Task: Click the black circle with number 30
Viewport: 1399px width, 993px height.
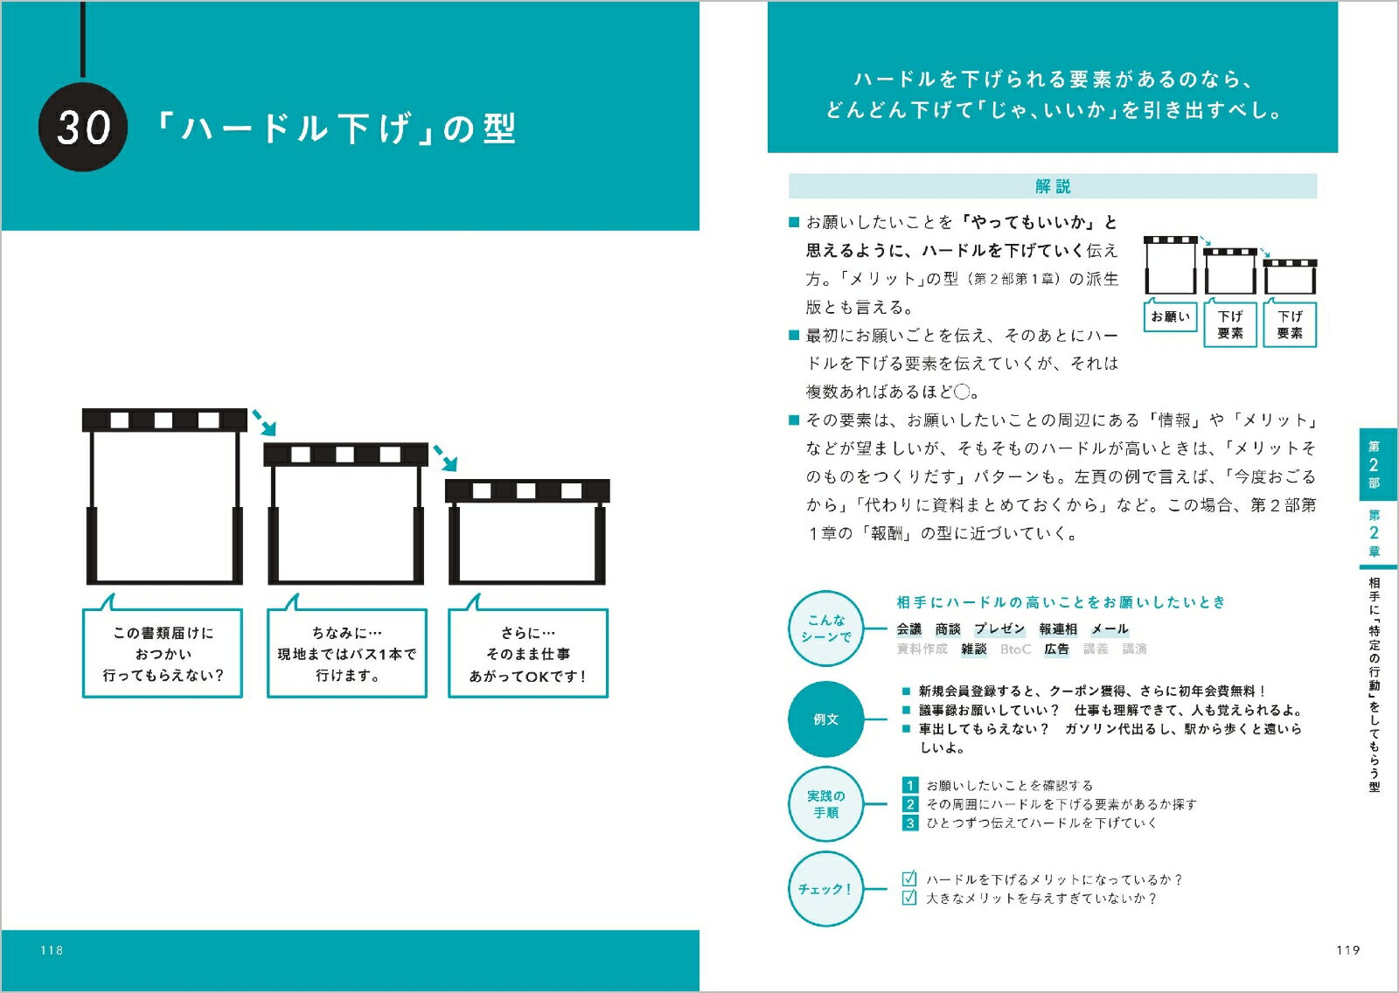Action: tap(82, 127)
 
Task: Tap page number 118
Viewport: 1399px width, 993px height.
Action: tap(52, 950)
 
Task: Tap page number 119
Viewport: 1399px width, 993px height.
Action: tap(1347, 950)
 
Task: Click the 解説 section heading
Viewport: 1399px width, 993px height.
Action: tap(1053, 186)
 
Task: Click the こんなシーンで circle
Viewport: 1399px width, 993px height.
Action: tap(825, 628)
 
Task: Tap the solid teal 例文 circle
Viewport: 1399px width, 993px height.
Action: tap(825, 719)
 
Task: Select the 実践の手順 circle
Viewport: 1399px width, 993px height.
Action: tap(825, 804)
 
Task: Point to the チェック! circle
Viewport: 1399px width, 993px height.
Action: tap(825, 889)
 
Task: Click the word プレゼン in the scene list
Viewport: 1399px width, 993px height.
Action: tap(999, 628)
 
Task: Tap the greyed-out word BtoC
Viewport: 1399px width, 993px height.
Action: tap(1015, 649)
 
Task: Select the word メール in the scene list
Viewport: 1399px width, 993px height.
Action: tap(1110, 628)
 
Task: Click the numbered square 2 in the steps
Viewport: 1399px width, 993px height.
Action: tap(910, 804)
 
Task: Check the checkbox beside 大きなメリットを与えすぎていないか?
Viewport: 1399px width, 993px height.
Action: tap(909, 898)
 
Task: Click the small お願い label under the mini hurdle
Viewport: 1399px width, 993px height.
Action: tap(1171, 316)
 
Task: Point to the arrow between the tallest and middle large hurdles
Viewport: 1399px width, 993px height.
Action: tap(264, 422)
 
